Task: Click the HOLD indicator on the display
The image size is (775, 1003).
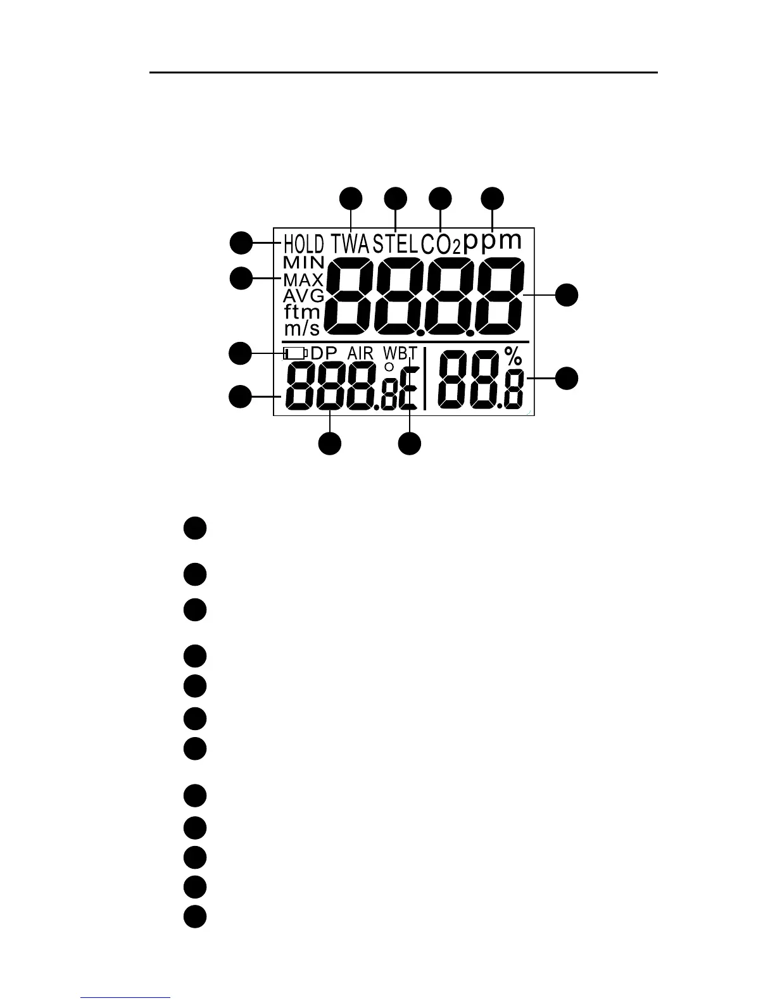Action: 303,244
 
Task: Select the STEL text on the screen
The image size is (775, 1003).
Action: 395,244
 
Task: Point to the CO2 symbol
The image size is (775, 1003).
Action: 440,244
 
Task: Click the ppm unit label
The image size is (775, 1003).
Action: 493,241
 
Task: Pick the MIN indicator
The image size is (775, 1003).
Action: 303,262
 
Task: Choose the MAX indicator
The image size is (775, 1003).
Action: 303,279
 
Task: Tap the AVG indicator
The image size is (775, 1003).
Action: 303,296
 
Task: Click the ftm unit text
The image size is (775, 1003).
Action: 301,312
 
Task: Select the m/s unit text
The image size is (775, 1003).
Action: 301,328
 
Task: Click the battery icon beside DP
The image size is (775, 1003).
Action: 295,353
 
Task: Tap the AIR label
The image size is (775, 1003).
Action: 360,353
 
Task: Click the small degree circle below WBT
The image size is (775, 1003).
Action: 389,367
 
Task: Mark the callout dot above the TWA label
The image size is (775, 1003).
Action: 351,198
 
